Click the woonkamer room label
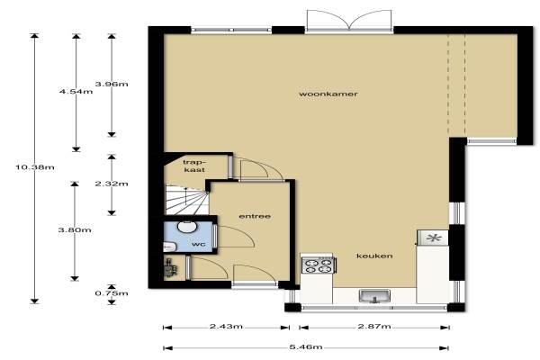328,94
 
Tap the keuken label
374,256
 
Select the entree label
255,216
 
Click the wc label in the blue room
199,244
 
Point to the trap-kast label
194,166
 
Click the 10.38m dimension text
35,167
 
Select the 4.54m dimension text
76,92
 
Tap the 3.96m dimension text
112,84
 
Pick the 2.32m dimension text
112,184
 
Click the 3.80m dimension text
75,229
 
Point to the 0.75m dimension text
112,293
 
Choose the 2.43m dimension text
226,326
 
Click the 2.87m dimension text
374,326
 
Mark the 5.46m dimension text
306,346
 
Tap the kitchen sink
374,296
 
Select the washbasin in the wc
187,226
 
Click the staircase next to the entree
187,200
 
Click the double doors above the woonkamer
349,20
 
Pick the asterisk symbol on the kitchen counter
433,238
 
